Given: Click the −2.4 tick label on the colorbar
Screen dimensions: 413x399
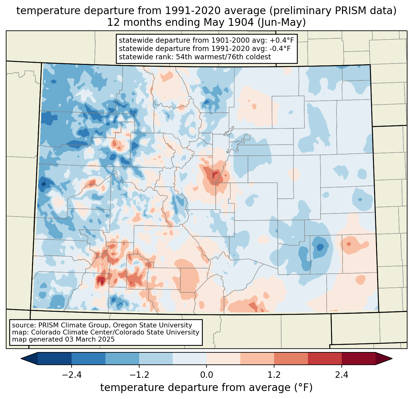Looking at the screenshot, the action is click(x=72, y=375).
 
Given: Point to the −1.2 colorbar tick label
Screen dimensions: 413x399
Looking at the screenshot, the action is click(x=139, y=375).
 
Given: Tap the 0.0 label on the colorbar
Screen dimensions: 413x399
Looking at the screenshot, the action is click(x=206, y=375).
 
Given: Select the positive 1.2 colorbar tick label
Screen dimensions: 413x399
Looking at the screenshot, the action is click(x=274, y=375).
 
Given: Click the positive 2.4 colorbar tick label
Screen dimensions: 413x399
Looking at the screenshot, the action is click(x=342, y=375).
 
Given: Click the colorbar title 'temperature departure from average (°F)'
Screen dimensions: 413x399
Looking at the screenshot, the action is click(x=206, y=388).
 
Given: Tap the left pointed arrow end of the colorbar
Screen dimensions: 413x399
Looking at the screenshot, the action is click(x=29, y=359).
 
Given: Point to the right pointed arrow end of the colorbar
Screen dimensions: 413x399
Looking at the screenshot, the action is click(x=384, y=359).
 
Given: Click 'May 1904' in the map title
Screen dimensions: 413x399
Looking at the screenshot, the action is click(x=228, y=22).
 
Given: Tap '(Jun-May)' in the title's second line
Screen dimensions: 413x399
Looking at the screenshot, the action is click(x=281, y=22).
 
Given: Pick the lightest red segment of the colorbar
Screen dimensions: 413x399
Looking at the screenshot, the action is click(x=223, y=359).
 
